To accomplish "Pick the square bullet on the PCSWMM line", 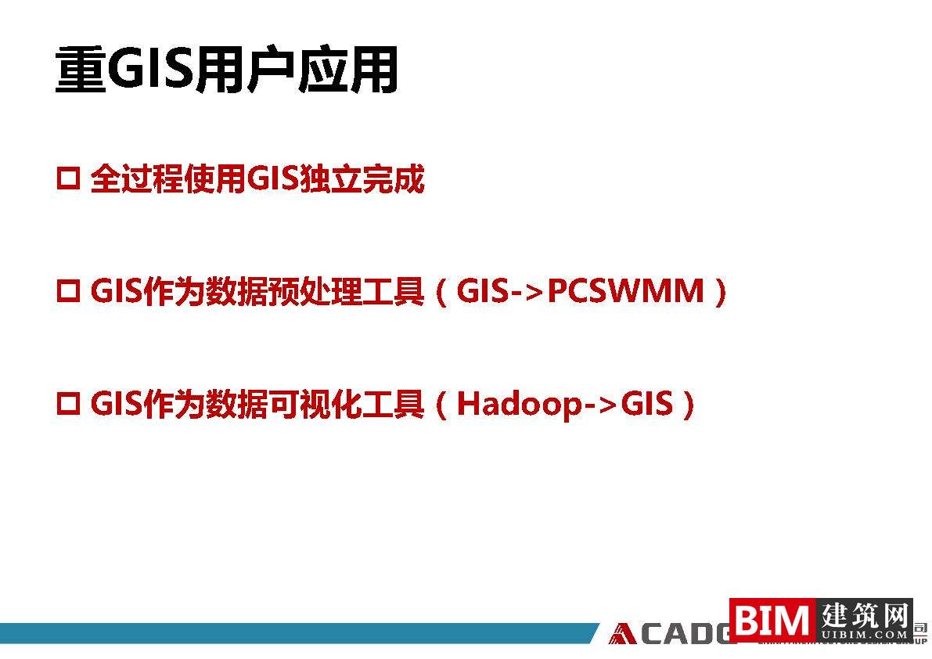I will coord(69,293).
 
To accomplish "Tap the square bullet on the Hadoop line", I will coord(69,405).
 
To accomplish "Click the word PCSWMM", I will coord(625,293).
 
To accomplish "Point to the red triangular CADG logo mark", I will coord(624,633).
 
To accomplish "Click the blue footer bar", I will coord(297,633).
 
